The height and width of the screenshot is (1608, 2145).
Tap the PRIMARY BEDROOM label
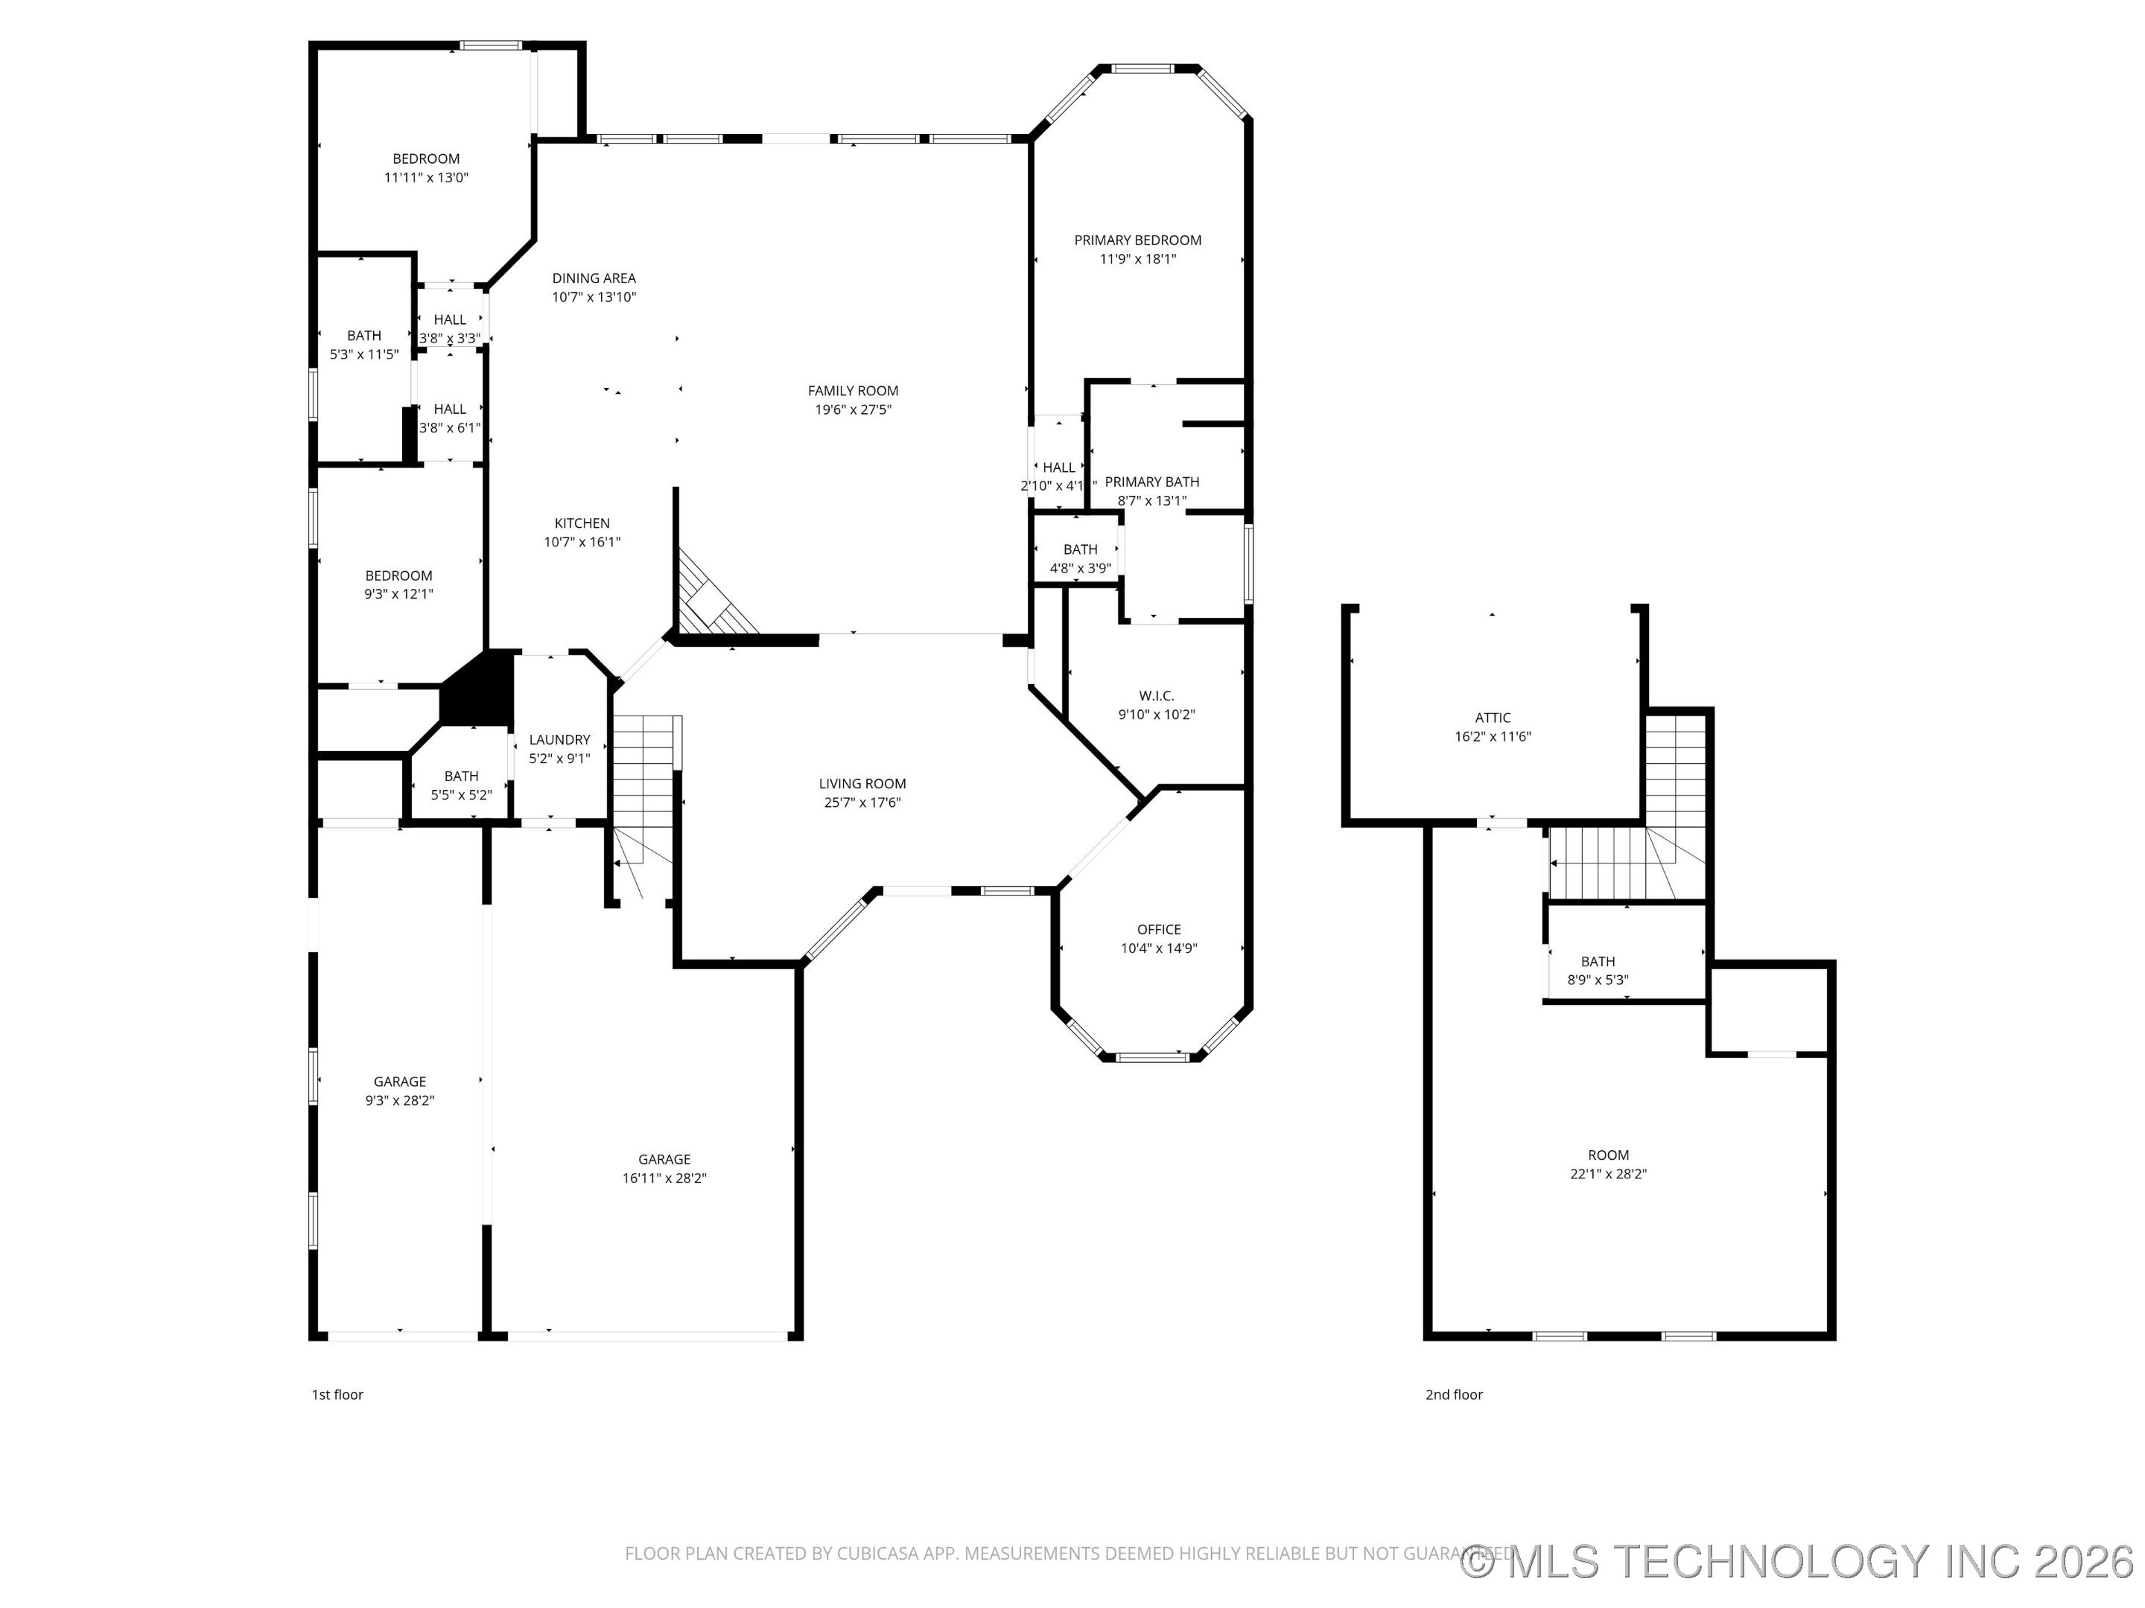click(x=1137, y=240)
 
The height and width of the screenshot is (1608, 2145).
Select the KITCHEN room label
click(x=582, y=523)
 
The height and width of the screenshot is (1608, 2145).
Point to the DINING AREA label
click(x=594, y=278)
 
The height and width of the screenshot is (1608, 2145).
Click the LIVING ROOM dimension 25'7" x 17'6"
click(x=862, y=803)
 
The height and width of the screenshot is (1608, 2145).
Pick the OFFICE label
click(x=1159, y=930)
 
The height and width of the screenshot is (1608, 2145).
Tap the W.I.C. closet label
click(x=1156, y=696)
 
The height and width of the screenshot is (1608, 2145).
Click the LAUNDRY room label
click(x=559, y=739)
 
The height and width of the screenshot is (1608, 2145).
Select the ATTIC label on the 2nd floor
click(x=1493, y=718)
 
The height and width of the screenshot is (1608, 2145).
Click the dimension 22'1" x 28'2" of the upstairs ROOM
click(x=1608, y=1174)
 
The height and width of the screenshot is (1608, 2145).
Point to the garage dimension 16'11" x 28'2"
click(x=664, y=1178)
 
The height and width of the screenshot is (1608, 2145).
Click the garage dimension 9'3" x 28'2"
click(x=399, y=1100)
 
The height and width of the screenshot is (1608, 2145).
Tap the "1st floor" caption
click(x=337, y=1395)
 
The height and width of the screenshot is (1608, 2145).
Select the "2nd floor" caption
click(x=1454, y=1395)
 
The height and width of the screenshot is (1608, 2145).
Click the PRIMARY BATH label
click(x=1152, y=482)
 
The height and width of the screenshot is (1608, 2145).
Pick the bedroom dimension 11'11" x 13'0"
click(x=426, y=177)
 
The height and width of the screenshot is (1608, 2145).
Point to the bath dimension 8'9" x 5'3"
click(x=1598, y=980)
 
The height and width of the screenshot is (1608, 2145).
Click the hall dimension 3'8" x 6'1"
click(x=449, y=427)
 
